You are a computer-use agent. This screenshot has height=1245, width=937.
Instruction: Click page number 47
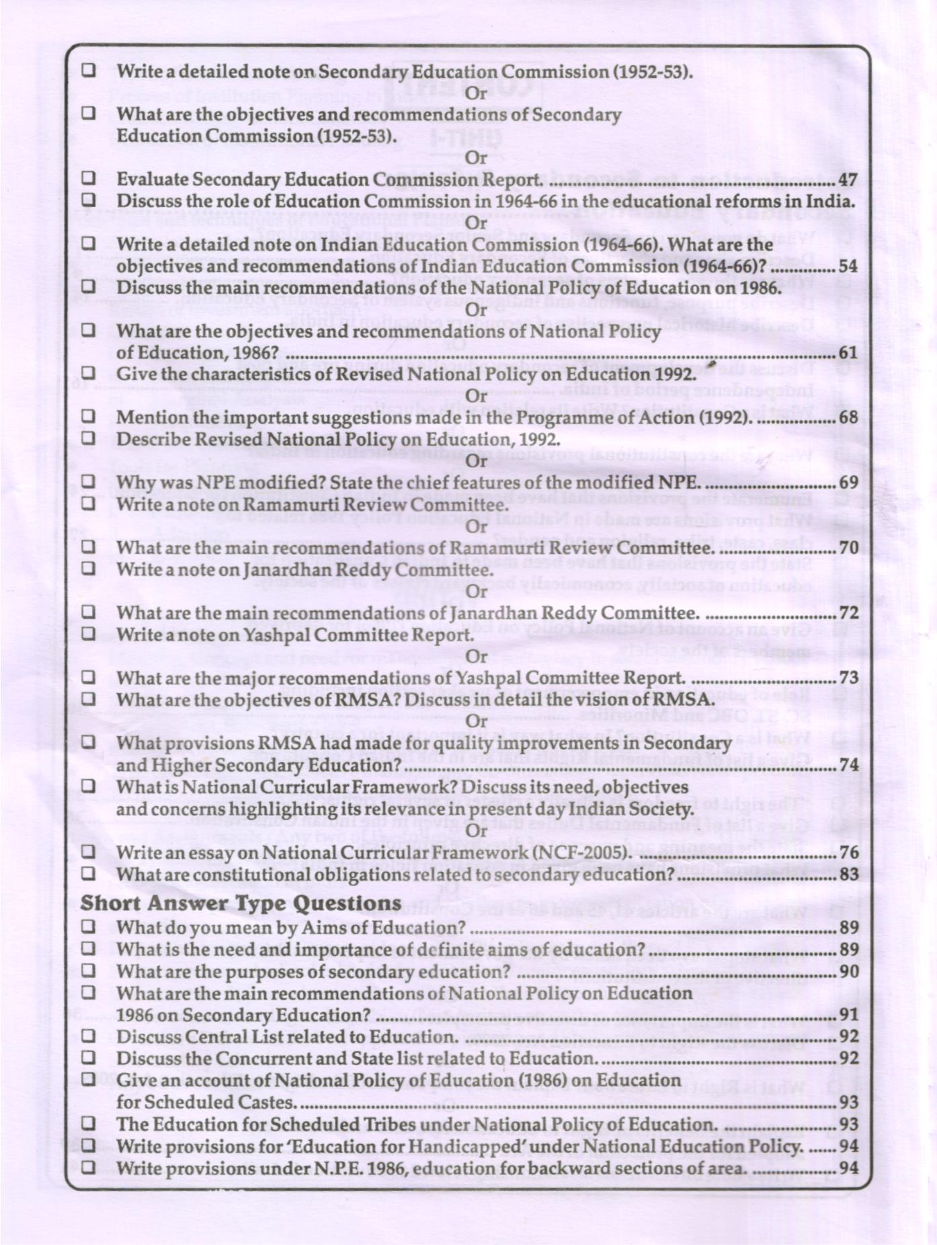tap(848, 180)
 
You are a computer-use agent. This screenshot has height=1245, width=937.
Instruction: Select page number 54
tap(848, 267)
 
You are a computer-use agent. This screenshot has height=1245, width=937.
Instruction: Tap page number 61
tap(848, 354)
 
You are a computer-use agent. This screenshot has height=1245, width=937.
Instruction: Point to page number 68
tap(848, 417)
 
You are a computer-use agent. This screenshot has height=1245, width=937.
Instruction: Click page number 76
tap(848, 853)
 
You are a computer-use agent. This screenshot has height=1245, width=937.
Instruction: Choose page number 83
tap(848, 875)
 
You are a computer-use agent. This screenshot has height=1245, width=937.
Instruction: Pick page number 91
tap(848, 1015)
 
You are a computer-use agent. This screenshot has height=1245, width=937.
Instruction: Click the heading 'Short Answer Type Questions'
tap(241, 903)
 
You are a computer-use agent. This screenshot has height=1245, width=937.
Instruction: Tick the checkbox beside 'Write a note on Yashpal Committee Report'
tap(88, 634)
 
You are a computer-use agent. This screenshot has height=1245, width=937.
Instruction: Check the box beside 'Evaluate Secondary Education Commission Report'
tap(88, 179)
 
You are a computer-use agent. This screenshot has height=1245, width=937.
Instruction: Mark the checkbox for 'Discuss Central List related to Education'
tap(88, 1036)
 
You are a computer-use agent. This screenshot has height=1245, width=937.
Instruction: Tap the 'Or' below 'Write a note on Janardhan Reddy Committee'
tap(476, 592)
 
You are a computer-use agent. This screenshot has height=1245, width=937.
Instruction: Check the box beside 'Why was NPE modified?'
tap(88, 482)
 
